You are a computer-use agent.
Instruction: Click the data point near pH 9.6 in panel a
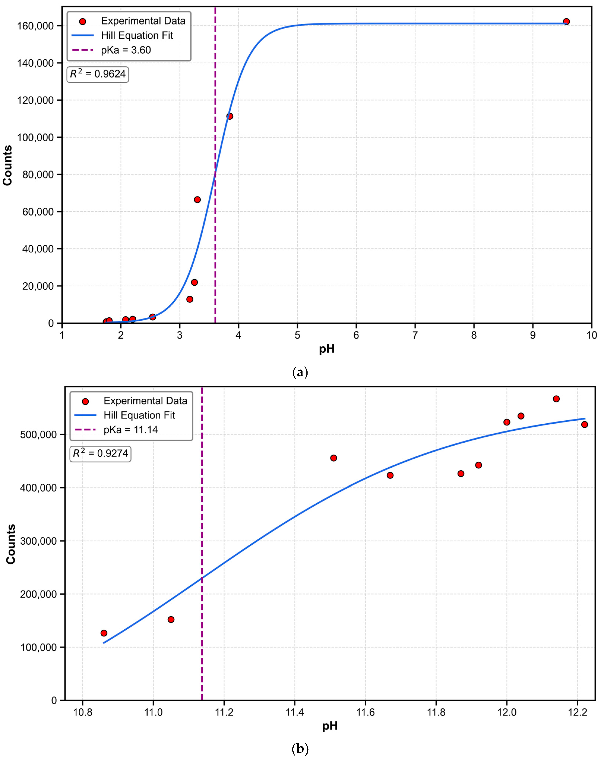pos(566,21)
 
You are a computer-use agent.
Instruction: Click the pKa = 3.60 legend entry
pos(126,50)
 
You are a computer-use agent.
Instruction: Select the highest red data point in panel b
pos(556,399)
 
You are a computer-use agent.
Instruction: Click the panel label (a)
pos(300,372)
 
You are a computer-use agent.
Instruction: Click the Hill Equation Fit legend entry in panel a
pos(137,35)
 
